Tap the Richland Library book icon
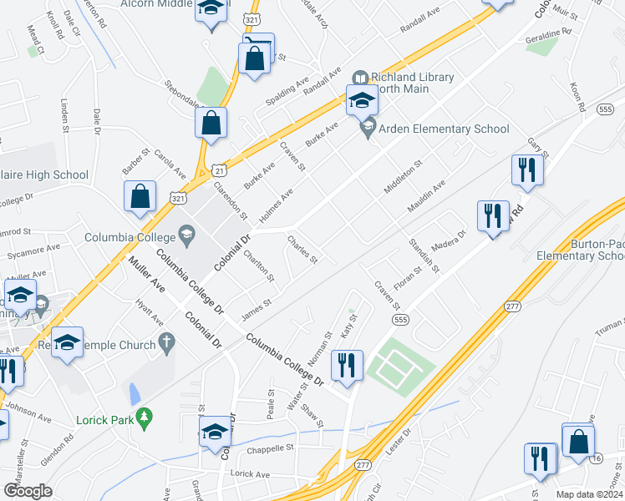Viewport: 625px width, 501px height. coord(360,78)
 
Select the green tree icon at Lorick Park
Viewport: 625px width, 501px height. coord(145,415)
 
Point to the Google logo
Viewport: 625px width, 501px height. coord(28,491)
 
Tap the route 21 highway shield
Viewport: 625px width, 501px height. coord(218,170)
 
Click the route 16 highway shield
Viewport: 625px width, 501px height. coord(596,459)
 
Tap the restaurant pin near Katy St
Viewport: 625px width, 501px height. coord(347,364)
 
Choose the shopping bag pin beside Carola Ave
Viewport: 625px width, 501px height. coord(140,197)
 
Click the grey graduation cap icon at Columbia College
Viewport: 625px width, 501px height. coord(186,237)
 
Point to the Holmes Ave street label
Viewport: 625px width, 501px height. coord(275,206)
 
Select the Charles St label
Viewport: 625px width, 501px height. coord(302,250)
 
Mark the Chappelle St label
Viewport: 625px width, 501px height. coord(271,448)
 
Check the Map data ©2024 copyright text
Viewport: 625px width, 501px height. coord(589,494)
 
